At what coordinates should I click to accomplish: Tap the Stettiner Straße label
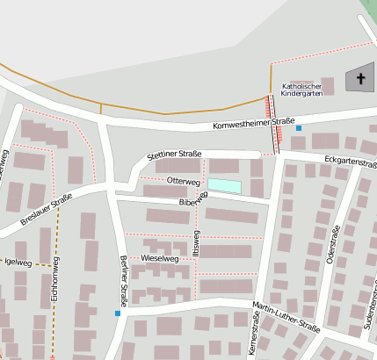[175, 154]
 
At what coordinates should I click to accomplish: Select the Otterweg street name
[184, 181]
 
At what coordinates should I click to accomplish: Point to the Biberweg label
[192, 202]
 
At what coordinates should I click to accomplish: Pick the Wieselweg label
[159, 259]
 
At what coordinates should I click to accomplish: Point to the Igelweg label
[18, 262]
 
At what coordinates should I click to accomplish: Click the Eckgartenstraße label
[350, 162]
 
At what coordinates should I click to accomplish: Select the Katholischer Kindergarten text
[302, 89]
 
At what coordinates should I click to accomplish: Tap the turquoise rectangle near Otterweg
[223, 185]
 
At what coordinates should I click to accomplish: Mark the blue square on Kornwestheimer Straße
[299, 128]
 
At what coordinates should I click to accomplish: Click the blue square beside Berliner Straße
[118, 313]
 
